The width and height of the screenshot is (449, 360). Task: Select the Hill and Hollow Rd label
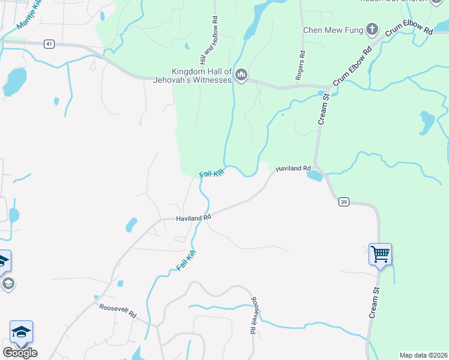[208, 41]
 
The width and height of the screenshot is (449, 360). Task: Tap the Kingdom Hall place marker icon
[241, 75]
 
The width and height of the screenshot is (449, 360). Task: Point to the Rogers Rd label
[301, 65]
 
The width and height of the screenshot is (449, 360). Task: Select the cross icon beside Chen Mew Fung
[372, 28]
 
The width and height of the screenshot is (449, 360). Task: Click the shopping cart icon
[380, 254]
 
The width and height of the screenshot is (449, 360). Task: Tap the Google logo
[20, 352]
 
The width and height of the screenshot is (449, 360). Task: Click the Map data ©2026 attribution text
[423, 355]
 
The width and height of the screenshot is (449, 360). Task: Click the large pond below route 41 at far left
[15, 81]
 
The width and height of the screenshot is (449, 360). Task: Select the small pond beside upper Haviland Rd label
[314, 176]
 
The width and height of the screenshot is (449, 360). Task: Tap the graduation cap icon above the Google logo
[21, 332]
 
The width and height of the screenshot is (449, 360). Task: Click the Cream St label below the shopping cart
[375, 302]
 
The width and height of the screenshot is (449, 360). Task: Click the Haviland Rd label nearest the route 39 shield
[293, 169]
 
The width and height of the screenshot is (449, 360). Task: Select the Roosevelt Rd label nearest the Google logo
[118, 310]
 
